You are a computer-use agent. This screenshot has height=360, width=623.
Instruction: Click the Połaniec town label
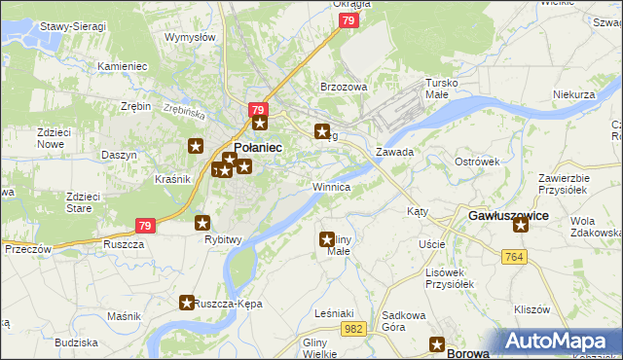258,147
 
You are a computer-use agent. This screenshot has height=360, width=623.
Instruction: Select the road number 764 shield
516,256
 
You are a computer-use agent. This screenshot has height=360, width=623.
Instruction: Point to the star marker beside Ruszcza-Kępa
186,304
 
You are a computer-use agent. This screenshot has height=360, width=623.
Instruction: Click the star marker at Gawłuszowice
521,226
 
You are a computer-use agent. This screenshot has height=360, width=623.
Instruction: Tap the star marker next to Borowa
438,344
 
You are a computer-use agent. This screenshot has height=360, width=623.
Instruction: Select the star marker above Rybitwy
202,223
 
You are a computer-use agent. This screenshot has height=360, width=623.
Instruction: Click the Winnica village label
331,186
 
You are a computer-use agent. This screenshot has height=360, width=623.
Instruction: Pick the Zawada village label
395,153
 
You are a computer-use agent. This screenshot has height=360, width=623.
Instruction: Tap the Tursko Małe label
435,89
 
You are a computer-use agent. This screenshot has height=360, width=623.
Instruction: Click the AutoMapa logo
560,342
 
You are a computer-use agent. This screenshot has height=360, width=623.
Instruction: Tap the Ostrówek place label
477,161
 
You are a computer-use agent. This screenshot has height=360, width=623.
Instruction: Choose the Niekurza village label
573,94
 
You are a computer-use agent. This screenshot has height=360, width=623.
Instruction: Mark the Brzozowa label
344,87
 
